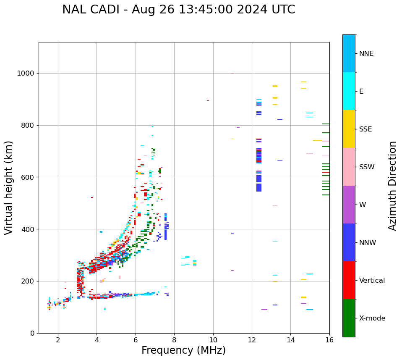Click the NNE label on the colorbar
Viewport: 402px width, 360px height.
(366, 54)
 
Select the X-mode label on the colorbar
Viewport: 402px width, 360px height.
(372, 318)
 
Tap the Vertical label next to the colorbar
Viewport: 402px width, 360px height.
(372, 281)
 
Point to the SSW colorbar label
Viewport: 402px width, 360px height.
(367, 167)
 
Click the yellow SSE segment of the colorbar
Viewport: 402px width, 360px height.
(349, 129)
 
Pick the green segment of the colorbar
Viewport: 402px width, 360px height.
(349, 318)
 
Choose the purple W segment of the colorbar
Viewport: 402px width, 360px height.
(349, 205)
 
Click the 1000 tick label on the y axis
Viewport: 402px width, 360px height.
(26, 74)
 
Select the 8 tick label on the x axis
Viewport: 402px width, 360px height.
(174, 340)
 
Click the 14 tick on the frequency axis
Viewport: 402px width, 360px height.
(291, 340)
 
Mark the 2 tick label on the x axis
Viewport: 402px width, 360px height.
(58, 340)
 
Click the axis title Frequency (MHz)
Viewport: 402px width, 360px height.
(183, 350)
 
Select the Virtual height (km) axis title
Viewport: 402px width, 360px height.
(9, 187)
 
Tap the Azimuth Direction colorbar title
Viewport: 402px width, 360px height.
(393, 186)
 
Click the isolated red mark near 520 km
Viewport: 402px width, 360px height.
(92, 197)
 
